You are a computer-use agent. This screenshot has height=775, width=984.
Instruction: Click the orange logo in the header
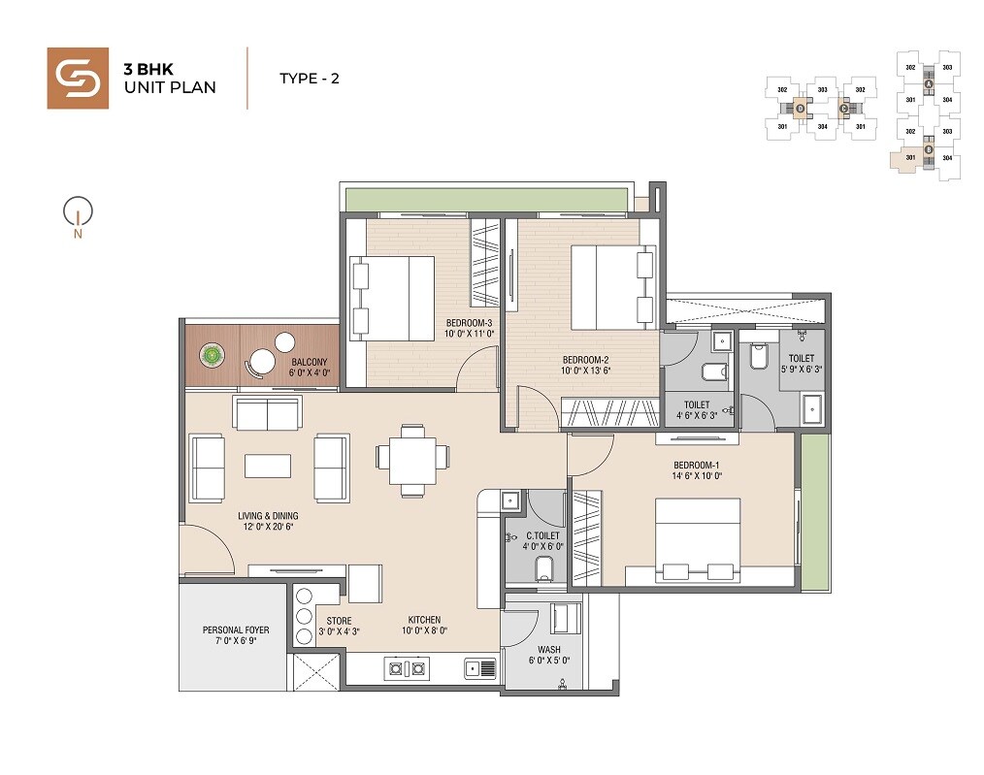[x=78, y=78]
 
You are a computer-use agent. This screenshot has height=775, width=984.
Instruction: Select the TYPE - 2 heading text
[x=309, y=79]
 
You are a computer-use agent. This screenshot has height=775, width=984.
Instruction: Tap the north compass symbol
[x=77, y=214]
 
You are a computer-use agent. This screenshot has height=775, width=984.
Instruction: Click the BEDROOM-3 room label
[x=470, y=322]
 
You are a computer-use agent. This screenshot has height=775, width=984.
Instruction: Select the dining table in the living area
[x=412, y=455]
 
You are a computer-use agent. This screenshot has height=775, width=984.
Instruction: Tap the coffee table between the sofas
[x=267, y=466]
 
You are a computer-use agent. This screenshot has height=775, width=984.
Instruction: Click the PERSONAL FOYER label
[x=236, y=630]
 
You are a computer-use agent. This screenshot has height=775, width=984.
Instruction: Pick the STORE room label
[x=339, y=621]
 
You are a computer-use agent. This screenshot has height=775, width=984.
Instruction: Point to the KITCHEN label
[x=424, y=620]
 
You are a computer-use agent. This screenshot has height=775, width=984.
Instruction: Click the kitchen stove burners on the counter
[x=407, y=666]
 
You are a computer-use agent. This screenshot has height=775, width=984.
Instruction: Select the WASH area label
[x=547, y=650]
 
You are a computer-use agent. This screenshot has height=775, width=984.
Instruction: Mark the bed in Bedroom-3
[x=393, y=299]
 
